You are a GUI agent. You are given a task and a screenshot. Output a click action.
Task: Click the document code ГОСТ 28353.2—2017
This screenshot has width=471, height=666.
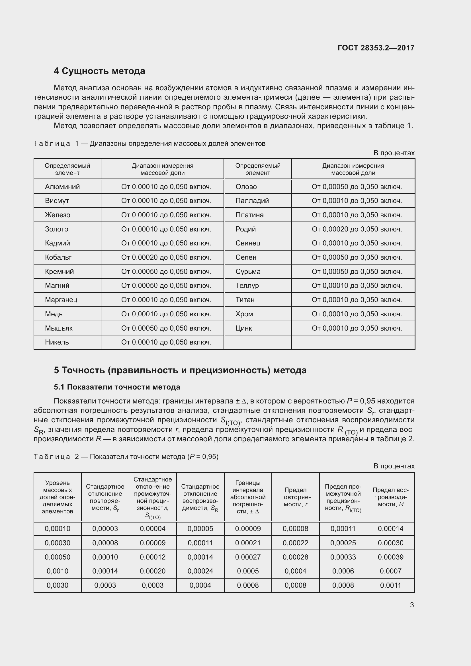pyautogui.click(x=376, y=48)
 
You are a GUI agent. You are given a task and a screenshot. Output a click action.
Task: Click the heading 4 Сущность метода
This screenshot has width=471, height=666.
pyautogui.click(x=99, y=71)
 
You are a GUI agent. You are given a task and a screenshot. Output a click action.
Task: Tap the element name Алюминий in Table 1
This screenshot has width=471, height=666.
pyautogui.click(x=62, y=187)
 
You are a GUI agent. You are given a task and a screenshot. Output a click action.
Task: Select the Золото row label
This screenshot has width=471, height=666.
pyautogui.click(x=57, y=229)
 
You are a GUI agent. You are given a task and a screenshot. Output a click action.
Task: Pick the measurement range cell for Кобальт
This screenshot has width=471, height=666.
pyautogui.click(x=166, y=257)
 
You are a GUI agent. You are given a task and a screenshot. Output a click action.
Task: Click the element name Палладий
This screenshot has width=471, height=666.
pyautogui.click(x=252, y=201)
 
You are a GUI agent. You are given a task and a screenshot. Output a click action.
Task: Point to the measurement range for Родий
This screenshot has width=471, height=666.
pyautogui.click(x=357, y=229)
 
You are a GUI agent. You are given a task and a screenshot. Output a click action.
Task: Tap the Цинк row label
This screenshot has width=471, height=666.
pyautogui.click(x=244, y=328)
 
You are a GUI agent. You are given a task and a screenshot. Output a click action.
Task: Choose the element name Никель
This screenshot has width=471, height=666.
pyautogui.click(x=57, y=342)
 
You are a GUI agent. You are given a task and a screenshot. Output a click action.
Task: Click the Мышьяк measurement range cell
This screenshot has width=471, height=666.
pyautogui.click(x=166, y=328)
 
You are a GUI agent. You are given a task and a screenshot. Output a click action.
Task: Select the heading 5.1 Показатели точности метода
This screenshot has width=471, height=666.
pyautogui.click(x=117, y=387)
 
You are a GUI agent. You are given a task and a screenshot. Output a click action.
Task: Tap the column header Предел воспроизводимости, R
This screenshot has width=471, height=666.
pyautogui.click(x=390, y=497)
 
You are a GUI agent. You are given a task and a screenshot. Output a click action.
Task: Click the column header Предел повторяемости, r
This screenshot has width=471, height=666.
pyautogui.click(x=295, y=497)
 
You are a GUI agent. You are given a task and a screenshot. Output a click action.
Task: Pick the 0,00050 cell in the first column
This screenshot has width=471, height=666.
pyautogui.click(x=58, y=557)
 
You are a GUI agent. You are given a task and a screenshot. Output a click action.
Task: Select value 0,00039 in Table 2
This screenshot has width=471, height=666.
pyautogui.click(x=390, y=557)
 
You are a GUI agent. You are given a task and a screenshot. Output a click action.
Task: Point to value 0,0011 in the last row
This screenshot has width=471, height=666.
pyautogui.click(x=390, y=585)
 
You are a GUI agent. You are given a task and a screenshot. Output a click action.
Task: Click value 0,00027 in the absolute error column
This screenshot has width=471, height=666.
pyautogui.click(x=248, y=557)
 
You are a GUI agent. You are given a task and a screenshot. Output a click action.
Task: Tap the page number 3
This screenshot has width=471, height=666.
pyautogui.click(x=411, y=605)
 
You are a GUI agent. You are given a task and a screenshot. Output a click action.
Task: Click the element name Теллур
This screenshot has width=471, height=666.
pyautogui.click(x=247, y=285)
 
